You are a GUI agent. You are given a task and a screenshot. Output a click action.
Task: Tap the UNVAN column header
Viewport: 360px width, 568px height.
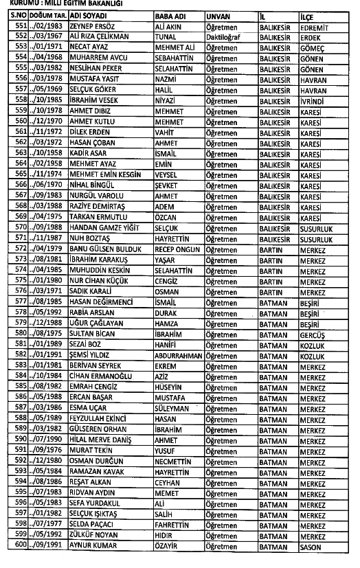(x=218, y=14)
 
